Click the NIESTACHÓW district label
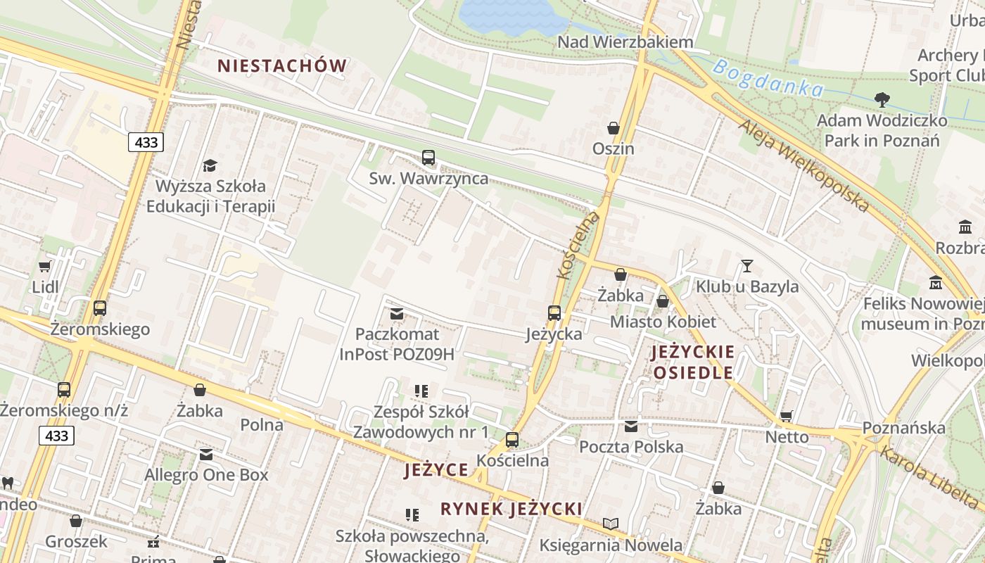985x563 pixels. (x=281, y=66)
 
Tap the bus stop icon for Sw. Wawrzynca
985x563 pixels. (x=428, y=158)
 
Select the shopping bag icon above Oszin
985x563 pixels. (x=614, y=128)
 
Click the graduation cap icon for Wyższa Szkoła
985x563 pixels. (x=210, y=166)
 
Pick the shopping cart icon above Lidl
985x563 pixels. (x=45, y=267)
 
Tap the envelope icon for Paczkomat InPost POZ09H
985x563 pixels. (x=397, y=313)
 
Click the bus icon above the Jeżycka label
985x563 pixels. (x=554, y=313)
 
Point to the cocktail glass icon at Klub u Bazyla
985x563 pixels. (x=746, y=266)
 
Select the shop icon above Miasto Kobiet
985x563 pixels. (x=662, y=302)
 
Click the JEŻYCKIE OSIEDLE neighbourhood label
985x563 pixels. (x=693, y=362)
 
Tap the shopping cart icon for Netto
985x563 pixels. (x=786, y=416)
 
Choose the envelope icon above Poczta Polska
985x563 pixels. (x=631, y=426)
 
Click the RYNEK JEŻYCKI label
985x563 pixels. (x=511, y=509)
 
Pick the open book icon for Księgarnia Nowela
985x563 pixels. (x=611, y=524)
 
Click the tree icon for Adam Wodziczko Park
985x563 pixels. (x=881, y=100)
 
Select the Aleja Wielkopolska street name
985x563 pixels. (x=803, y=165)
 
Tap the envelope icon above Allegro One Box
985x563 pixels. (x=206, y=455)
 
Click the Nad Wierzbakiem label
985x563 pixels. (x=625, y=42)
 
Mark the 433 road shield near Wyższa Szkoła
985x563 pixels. (x=146, y=142)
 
